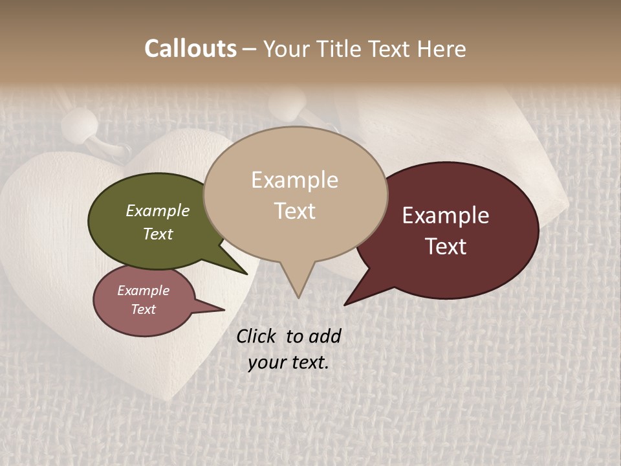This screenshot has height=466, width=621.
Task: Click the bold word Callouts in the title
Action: point(190,49)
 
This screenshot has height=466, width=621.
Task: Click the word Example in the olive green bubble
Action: point(157,210)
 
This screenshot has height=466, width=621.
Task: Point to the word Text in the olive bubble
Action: point(157,234)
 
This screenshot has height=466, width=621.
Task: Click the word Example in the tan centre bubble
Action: point(294,180)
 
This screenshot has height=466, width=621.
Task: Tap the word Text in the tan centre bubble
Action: point(294,211)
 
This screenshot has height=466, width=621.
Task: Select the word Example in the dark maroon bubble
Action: point(446,216)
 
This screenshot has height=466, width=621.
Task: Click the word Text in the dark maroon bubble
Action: point(446,247)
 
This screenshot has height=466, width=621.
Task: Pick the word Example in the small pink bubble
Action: point(143,291)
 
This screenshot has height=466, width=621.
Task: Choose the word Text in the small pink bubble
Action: point(143,309)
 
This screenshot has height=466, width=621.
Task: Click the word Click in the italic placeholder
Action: point(257,336)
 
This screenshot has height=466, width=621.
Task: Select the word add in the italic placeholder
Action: point(324,336)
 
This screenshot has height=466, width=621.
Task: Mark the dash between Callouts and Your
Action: point(250,49)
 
